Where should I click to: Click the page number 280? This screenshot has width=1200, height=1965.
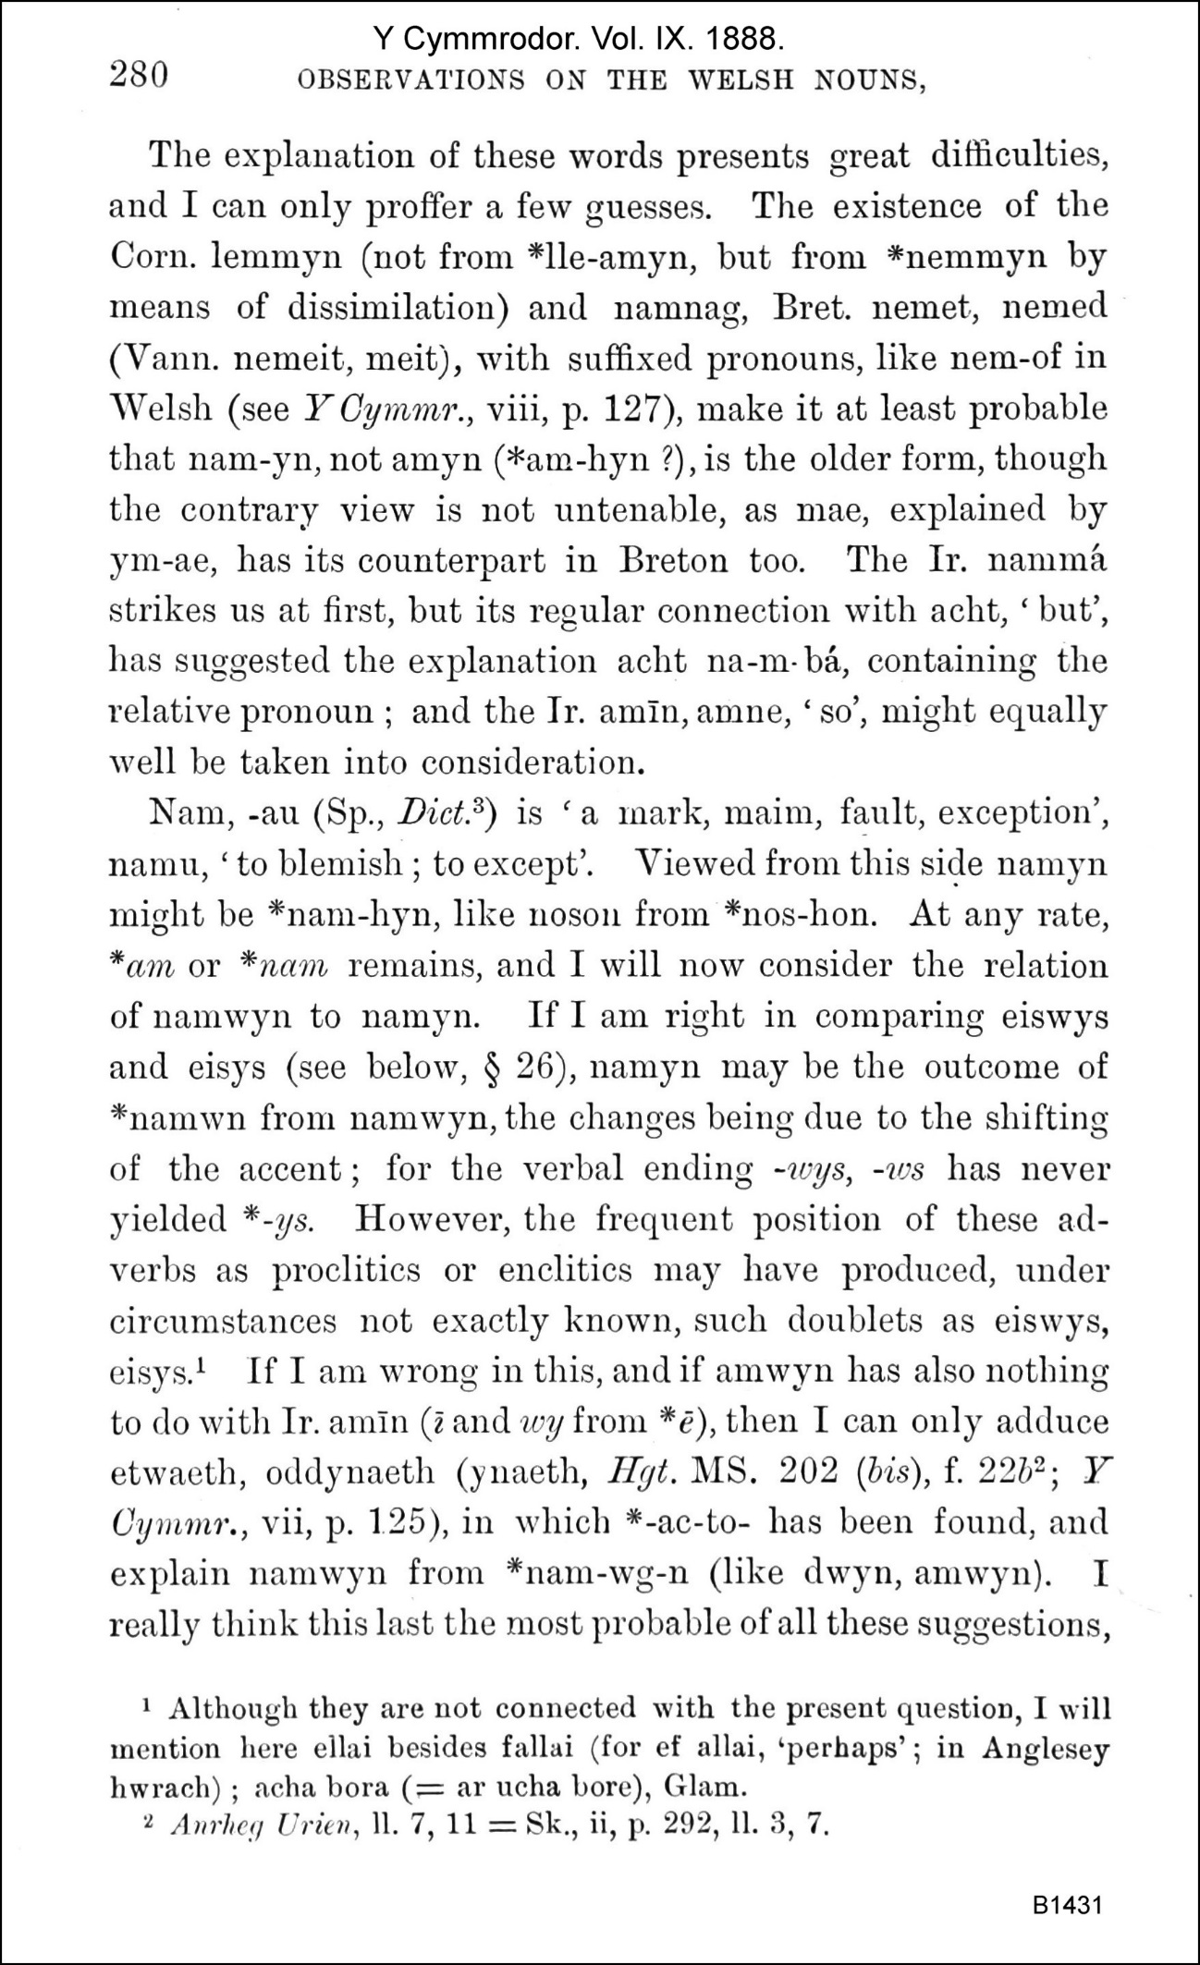[140, 75]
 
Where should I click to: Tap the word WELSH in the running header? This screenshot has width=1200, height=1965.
[741, 80]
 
